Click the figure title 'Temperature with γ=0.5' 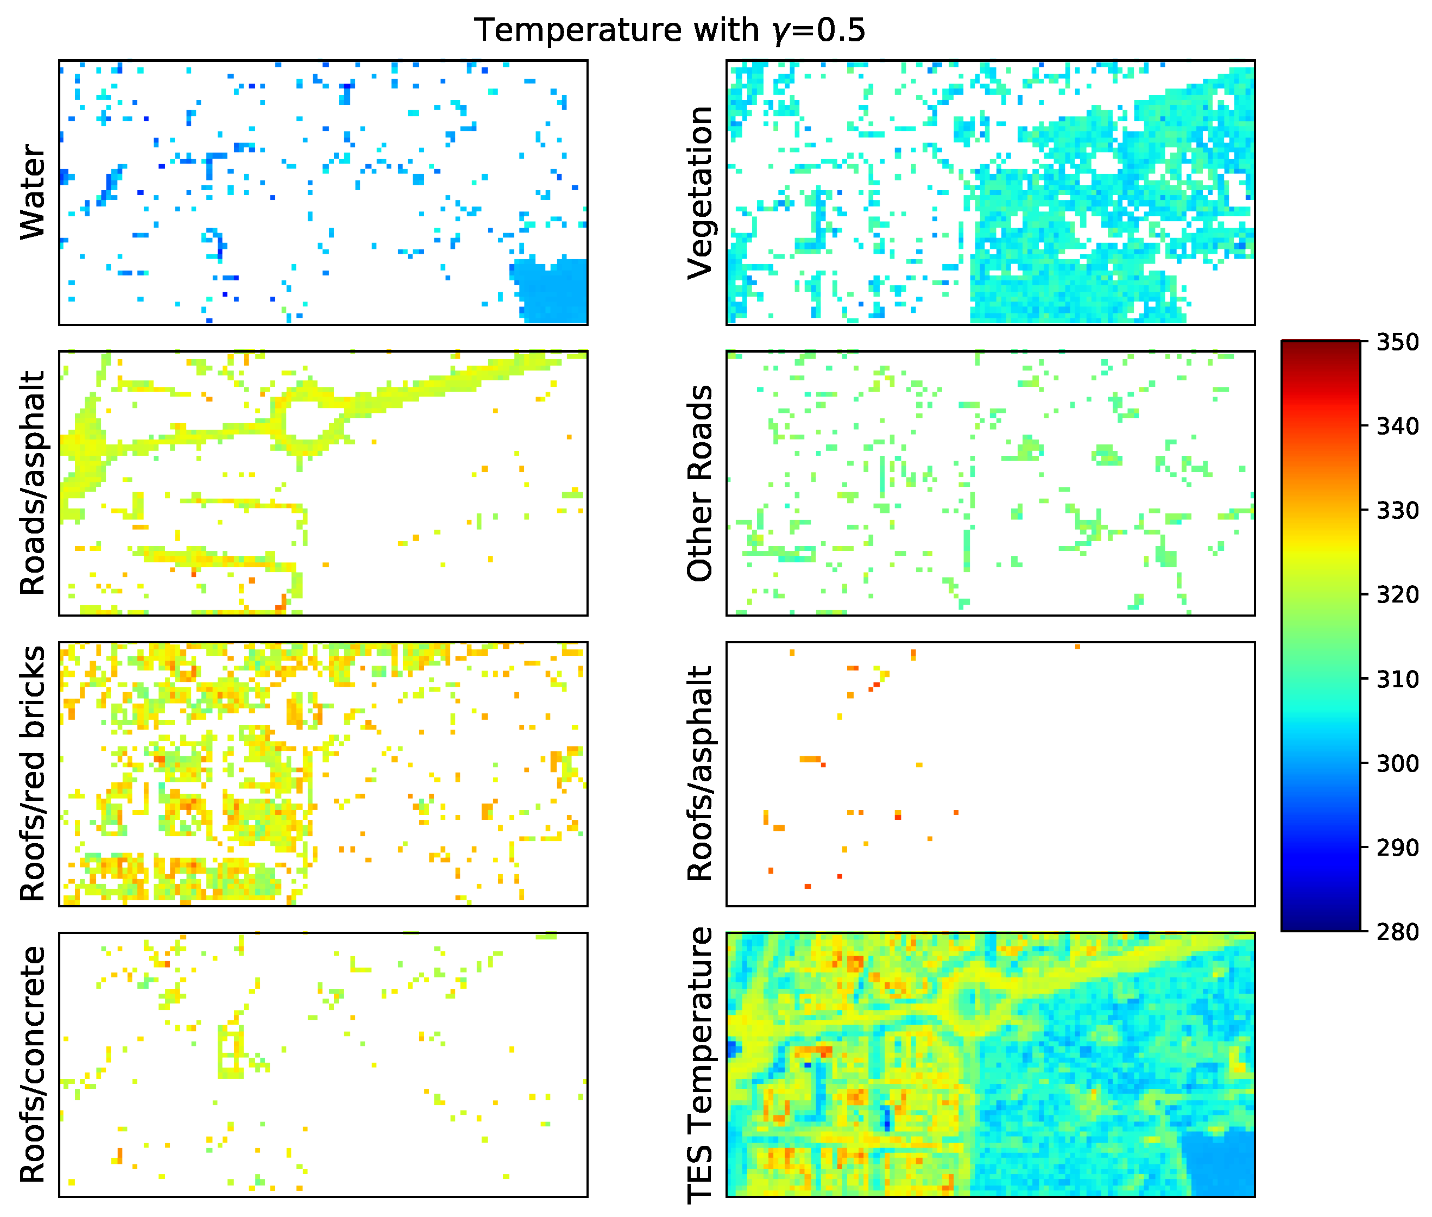point(669,30)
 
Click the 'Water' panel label point(33,192)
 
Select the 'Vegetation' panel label point(700,192)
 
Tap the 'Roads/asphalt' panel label point(33,483)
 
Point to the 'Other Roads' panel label point(700,483)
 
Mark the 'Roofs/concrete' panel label point(33,1064)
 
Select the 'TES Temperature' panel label point(700,1064)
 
